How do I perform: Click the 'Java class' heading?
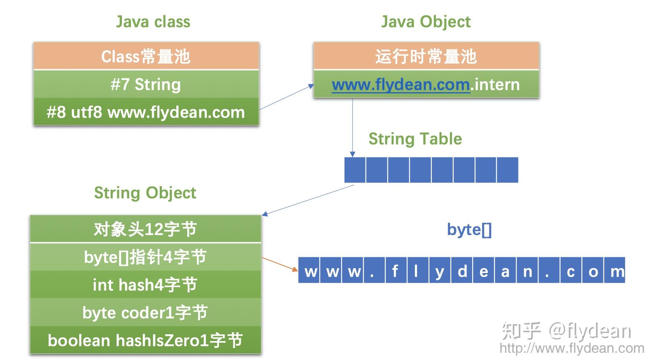tap(153, 22)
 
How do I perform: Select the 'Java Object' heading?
tap(425, 22)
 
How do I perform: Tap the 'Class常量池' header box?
tap(146, 56)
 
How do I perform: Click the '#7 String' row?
tap(146, 84)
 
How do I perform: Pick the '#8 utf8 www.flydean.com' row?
tap(146, 112)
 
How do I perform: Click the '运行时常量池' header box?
tap(426, 56)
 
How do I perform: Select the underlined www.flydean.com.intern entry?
tap(426, 84)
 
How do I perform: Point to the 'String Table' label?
tap(415, 139)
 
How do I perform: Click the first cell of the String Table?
tap(355, 170)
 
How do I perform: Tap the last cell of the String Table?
tap(507, 170)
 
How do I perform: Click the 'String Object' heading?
tap(145, 193)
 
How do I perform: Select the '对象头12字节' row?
tap(145, 229)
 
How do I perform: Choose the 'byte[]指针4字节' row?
tap(145, 257)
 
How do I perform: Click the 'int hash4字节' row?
tap(145, 285)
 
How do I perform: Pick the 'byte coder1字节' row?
tap(145, 312)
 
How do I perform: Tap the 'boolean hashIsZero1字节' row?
tap(145, 340)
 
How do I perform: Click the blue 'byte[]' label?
tap(469, 230)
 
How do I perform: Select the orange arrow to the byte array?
tap(280, 264)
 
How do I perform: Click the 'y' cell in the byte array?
tap(440, 270)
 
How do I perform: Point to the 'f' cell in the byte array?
tap(396, 270)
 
